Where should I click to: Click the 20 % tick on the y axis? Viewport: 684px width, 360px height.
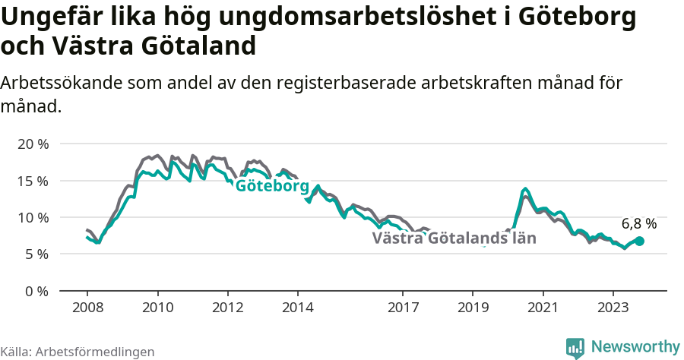(33, 144)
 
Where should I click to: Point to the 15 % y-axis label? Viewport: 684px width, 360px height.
(33, 181)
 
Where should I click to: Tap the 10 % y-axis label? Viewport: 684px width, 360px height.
(33, 218)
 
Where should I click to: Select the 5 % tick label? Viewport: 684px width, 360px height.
(36, 254)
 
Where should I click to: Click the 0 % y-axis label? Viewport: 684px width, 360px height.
(36, 291)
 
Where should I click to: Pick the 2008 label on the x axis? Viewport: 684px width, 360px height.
(87, 308)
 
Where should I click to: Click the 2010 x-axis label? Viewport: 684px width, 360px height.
(157, 308)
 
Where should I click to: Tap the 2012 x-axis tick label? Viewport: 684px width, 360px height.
(227, 308)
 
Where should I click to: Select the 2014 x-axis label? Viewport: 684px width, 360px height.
(297, 308)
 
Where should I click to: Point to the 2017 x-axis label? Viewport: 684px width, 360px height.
(403, 308)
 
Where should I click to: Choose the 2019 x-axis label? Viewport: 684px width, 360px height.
(473, 308)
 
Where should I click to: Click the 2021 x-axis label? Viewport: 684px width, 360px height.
(543, 308)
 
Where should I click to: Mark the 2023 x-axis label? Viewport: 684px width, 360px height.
(613, 308)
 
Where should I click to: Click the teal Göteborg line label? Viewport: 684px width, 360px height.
(272, 187)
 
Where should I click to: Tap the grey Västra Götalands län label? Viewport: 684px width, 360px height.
(454, 238)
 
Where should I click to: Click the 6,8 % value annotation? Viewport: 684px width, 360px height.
(638, 224)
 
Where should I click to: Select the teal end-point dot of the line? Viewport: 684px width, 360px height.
(639, 241)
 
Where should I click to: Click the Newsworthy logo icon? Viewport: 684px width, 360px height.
(575, 347)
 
